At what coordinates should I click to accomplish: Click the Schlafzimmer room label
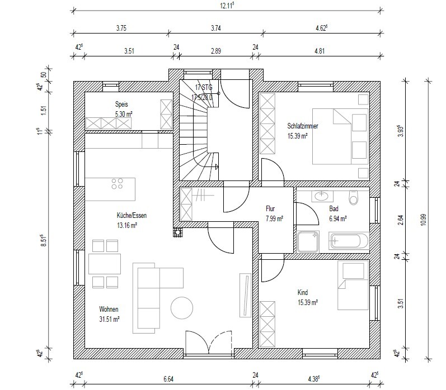click(x=303, y=126)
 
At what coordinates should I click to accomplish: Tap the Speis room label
click(x=121, y=104)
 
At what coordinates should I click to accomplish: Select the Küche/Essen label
click(x=132, y=215)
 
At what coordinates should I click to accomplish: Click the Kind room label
click(x=303, y=292)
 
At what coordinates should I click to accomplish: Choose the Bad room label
click(x=334, y=209)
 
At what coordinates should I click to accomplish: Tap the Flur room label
click(x=270, y=209)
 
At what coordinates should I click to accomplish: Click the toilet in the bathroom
click(x=353, y=197)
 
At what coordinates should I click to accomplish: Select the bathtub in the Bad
click(x=349, y=241)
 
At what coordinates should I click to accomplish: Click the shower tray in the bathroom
click(x=308, y=242)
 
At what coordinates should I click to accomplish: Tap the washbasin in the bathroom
click(x=322, y=196)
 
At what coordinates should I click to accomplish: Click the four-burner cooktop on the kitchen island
click(x=117, y=183)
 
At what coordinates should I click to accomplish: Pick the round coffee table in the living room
click(x=182, y=308)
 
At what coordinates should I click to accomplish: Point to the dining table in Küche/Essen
click(x=105, y=264)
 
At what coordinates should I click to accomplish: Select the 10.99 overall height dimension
click(x=424, y=220)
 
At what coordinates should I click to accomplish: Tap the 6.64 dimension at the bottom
click(x=168, y=379)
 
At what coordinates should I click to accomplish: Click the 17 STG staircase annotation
click(x=204, y=87)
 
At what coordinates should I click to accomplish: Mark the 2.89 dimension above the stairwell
click(x=216, y=51)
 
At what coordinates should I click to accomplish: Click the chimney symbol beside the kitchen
click(x=178, y=232)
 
